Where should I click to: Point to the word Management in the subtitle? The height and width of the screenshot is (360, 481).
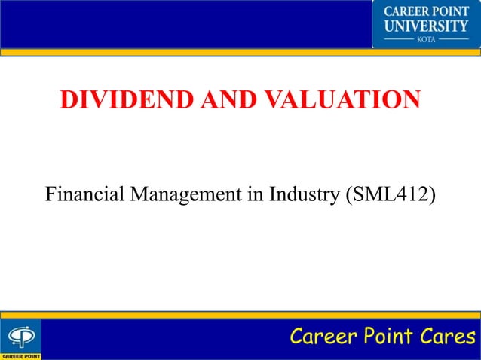tap(188, 195)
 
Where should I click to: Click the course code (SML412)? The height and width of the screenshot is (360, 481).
tap(391, 195)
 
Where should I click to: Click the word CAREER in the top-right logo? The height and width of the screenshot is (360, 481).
tap(407, 12)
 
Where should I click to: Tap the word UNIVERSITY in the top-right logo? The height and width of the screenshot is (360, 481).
tap(427, 26)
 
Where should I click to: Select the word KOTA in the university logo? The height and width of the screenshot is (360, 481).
tap(427, 38)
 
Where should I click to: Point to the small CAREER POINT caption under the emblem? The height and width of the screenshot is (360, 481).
tap(21, 355)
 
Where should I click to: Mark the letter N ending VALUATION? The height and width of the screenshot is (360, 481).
tap(411, 100)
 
